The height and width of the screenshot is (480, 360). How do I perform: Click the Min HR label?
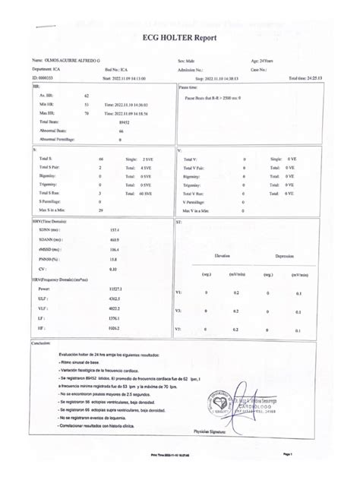click(47, 105)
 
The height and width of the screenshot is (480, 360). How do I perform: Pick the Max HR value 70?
click(87, 113)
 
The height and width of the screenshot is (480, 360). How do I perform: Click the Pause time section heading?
click(189, 88)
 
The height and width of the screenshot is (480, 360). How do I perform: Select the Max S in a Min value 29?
click(101, 210)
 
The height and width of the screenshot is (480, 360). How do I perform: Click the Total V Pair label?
click(197, 167)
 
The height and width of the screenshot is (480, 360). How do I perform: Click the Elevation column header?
click(222, 256)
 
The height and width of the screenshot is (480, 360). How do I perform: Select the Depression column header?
click(285, 256)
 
